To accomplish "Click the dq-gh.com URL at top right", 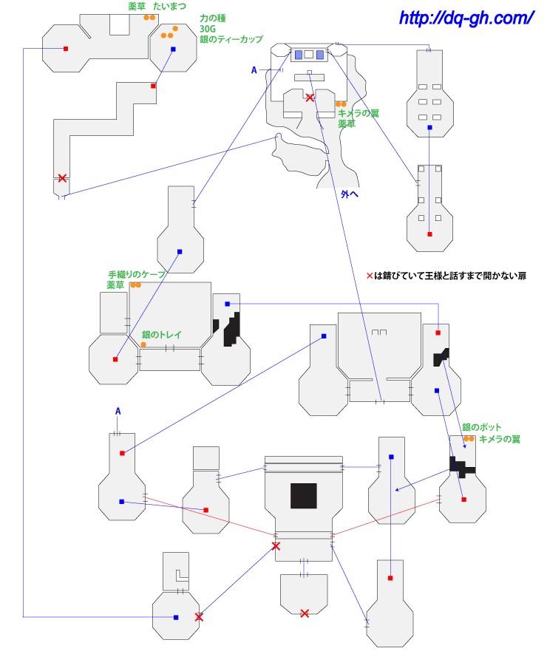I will [466, 17].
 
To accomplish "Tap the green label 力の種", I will [214, 18].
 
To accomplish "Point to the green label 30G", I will [208, 28].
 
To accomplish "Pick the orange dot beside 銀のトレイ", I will [133, 344].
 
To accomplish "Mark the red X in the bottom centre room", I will [305, 613].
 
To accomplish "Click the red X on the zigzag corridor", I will [62, 178].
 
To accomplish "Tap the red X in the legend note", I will [370, 276].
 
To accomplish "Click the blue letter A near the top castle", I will [254, 70].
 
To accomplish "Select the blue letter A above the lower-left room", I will [118, 411].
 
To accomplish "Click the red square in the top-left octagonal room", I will [66, 49].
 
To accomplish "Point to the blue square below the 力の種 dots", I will [173, 50].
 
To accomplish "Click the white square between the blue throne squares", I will [309, 54].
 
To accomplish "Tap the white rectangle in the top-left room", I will [119, 24].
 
